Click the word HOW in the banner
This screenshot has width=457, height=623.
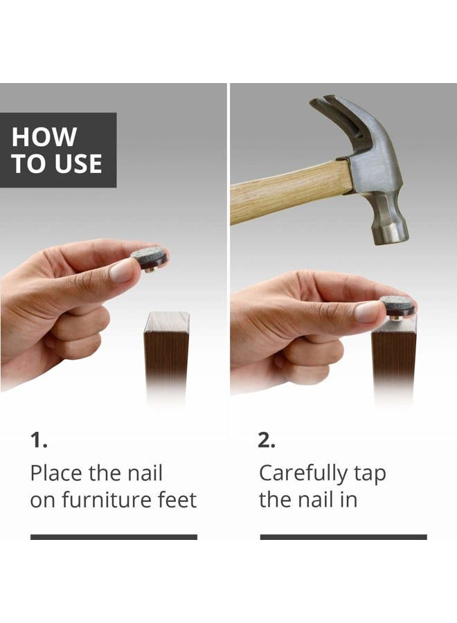coord(44,136)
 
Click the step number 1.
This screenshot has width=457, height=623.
coord(39,440)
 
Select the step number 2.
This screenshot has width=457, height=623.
coord(267,440)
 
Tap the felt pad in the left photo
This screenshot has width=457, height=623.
coord(149,257)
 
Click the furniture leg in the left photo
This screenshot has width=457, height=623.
coord(166,354)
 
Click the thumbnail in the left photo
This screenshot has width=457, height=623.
coord(123,271)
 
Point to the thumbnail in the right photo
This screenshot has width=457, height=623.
coord(367,311)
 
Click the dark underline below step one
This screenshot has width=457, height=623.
coord(114,537)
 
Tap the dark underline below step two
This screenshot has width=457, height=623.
coord(343,537)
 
